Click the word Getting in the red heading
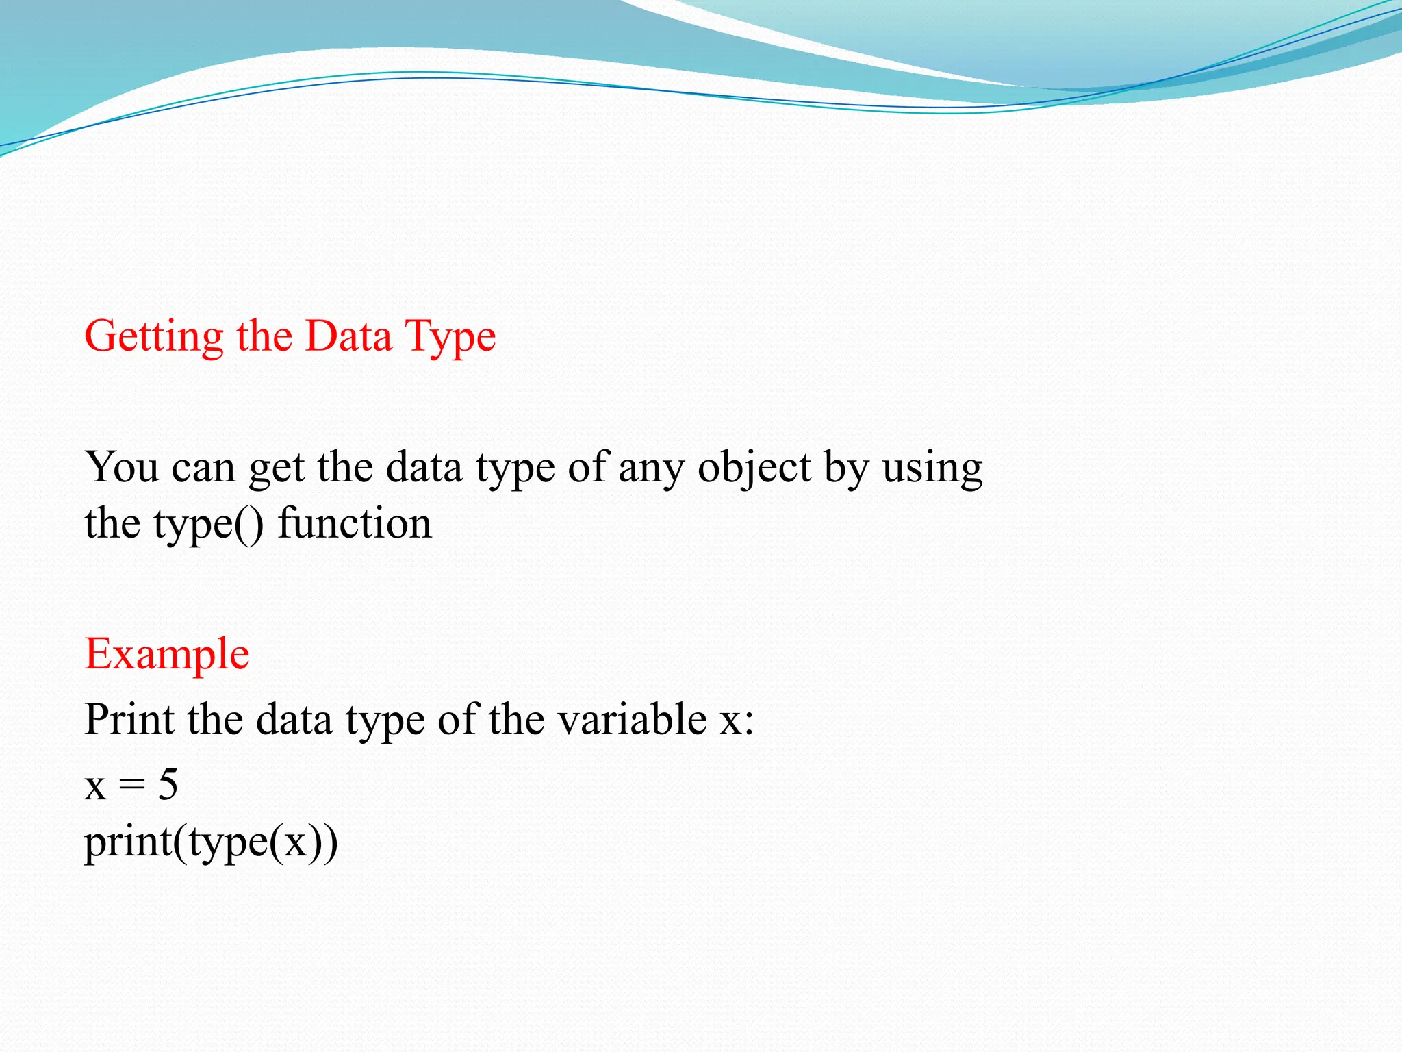coord(153,337)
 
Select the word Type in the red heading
coord(450,337)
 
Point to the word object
coord(754,468)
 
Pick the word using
coord(932,468)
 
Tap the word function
coord(355,523)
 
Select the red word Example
coord(166,654)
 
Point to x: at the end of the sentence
coord(737,721)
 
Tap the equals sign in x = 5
coord(131,786)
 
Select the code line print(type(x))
coord(211,842)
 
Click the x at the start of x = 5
coord(95,786)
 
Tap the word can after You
coord(203,468)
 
